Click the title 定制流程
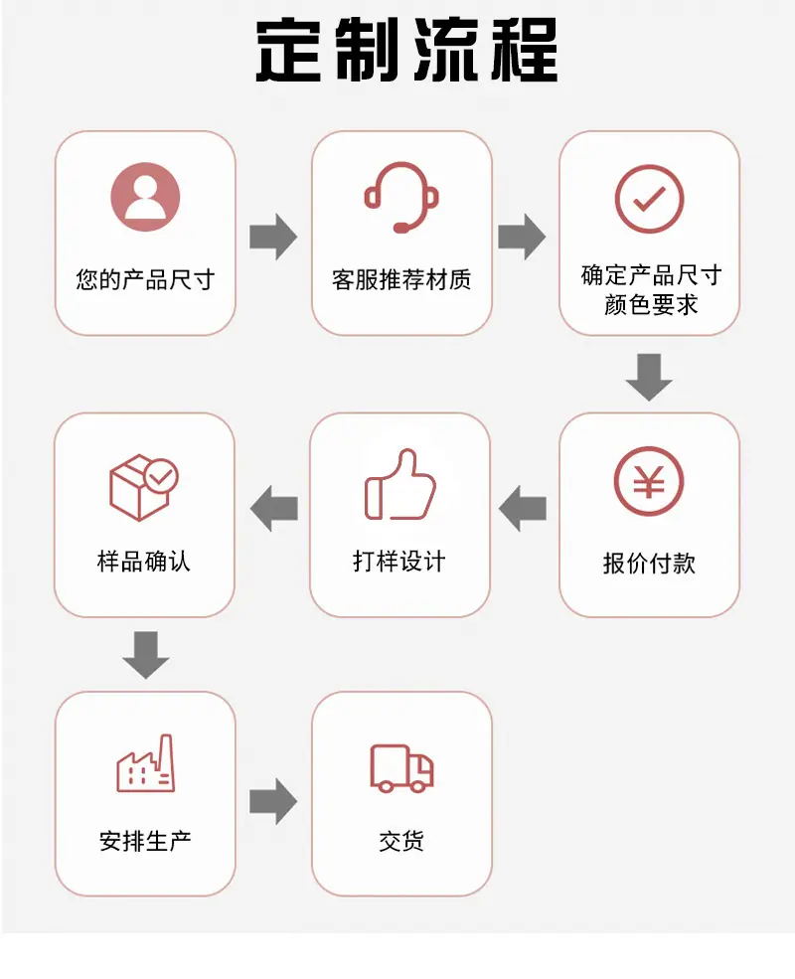click(x=406, y=50)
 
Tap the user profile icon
click(x=145, y=197)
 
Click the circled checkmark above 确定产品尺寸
click(x=650, y=199)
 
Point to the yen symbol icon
click(x=649, y=481)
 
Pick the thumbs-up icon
click(x=400, y=484)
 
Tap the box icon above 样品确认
click(x=144, y=487)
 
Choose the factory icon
click(x=146, y=763)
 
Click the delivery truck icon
click(x=401, y=768)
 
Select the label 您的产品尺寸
click(x=145, y=279)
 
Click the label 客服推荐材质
click(x=401, y=279)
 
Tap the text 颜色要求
click(x=650, y=305)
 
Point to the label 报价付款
click(x=649, y=563)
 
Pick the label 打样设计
click(x=399, y=561)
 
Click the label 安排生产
click(x=145, y=841)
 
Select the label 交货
click(x=401, y=841)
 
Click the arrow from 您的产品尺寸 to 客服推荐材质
click(x=273, y=237)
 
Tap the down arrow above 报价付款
click(x=649, y=378)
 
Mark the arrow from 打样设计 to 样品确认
click(x=274, y=508)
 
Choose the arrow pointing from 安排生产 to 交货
click(x=273, y=802)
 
